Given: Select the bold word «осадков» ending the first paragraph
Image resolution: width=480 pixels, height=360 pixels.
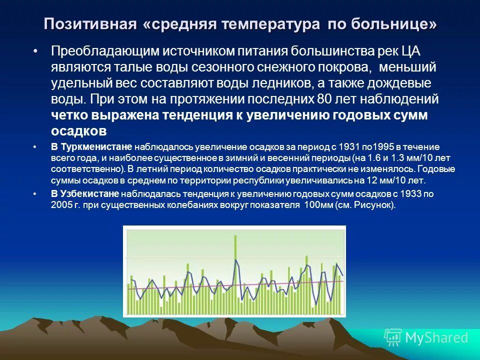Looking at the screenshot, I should coord(78,131).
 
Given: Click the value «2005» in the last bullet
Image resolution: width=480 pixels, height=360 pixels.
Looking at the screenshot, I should coord(59,204).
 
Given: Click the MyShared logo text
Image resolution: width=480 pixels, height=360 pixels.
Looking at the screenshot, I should coord(436,337).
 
